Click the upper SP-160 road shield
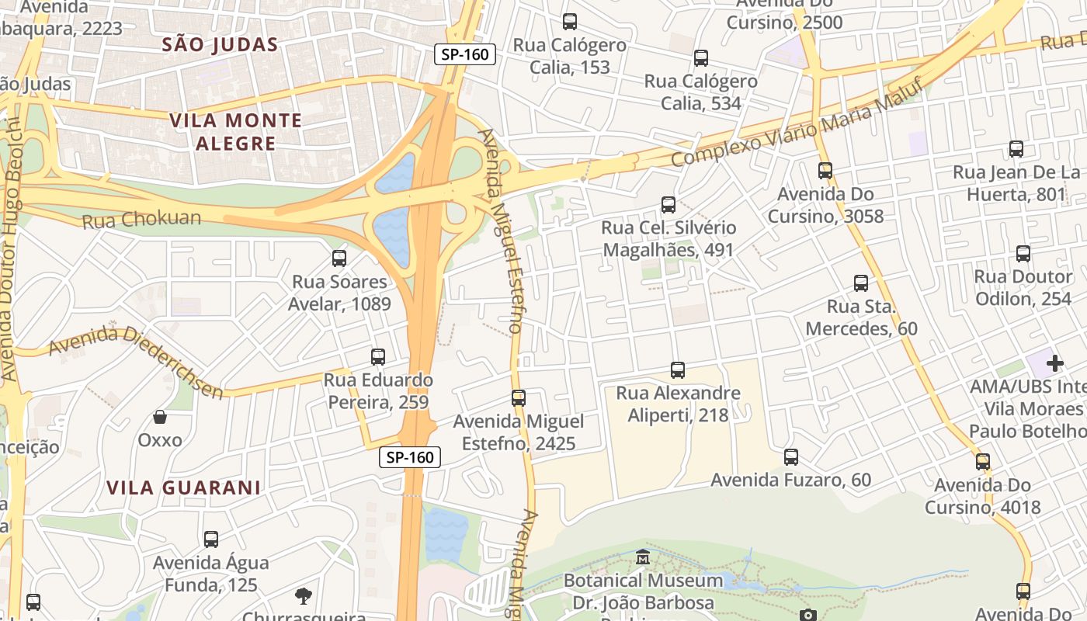point(464,54)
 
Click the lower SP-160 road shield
point(410,457)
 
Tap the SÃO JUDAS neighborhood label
point(220,44)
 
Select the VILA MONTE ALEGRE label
point(235,131)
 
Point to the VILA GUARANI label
point(183,487)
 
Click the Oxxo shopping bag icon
point(160,417)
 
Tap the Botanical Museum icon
point(643,557)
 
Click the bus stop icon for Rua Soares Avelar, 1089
point(339,258)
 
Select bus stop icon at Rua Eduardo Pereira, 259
point(378,357)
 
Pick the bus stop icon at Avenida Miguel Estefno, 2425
point(519,398)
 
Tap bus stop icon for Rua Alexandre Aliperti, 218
point(678,370)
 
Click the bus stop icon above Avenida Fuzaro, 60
point(791,457)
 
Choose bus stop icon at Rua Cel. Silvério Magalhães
point(669,205)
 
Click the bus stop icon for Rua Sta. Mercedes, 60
point(861,283)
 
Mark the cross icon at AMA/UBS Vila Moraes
point(1054,363)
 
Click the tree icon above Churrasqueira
point(304,595)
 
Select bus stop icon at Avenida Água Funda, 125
point(211,539)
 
